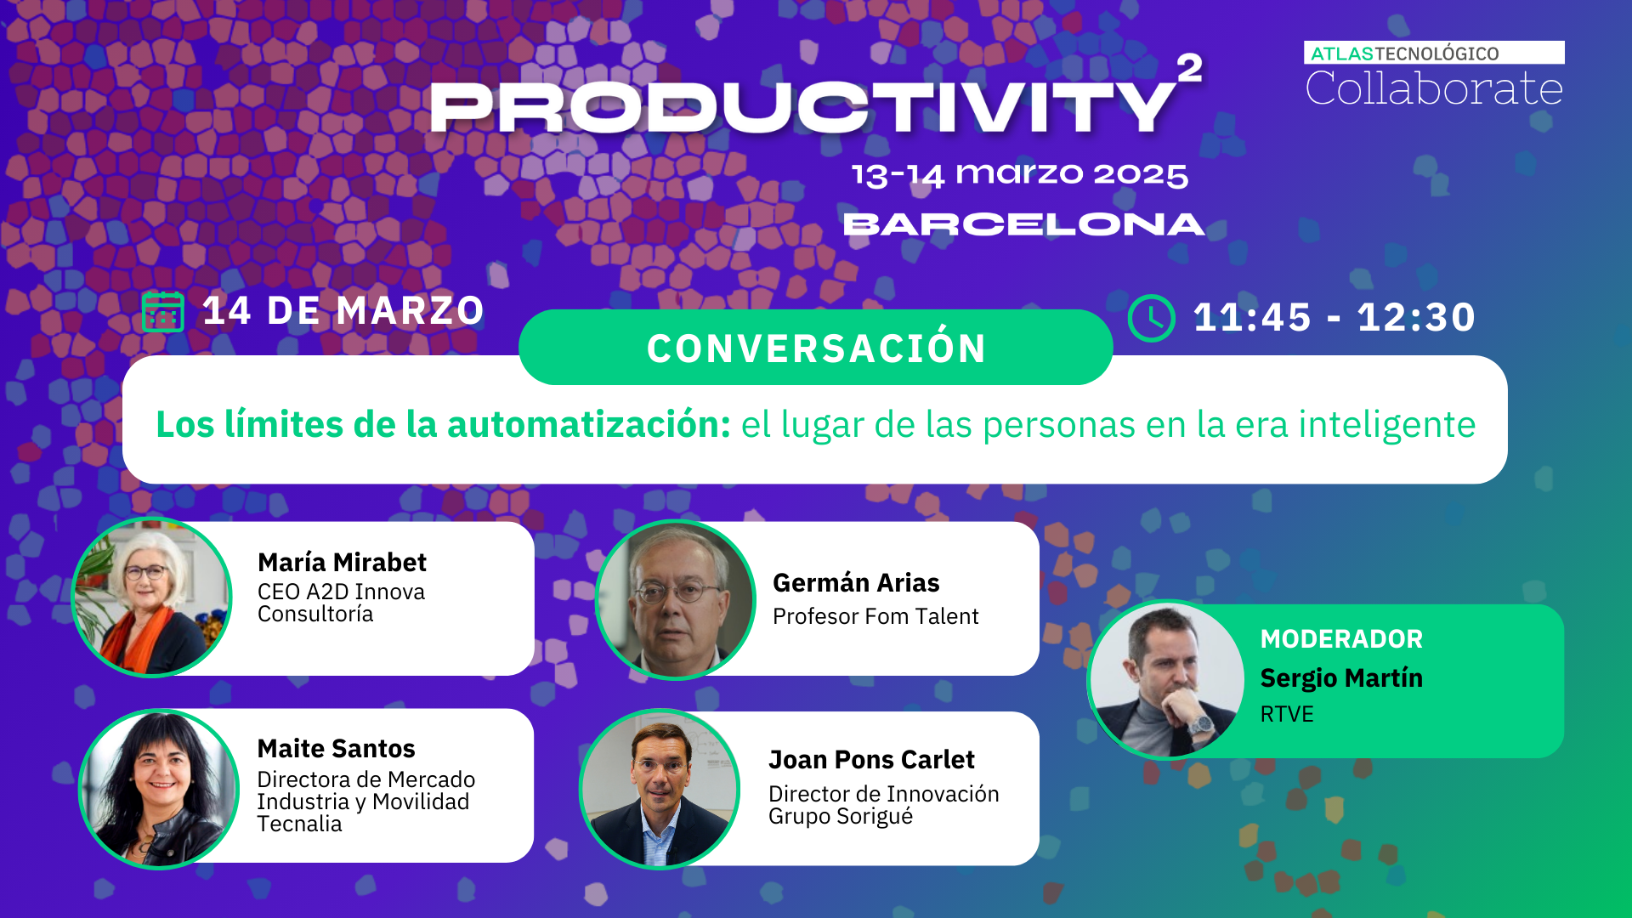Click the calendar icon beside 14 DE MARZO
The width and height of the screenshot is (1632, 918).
(x=163, y=312)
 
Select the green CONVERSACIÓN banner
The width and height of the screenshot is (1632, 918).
(x=815, y=348)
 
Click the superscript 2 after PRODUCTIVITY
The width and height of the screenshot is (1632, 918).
(x=1190, y=68)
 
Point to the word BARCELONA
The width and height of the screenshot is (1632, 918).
(x=1023, y=224)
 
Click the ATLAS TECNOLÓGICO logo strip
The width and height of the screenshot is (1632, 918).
(x=1433, y=53)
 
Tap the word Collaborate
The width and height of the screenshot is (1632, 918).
(x=1433, y=88)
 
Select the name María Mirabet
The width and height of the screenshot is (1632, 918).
(x=342, y=562)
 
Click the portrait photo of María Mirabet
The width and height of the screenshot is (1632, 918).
(x=152, y=597)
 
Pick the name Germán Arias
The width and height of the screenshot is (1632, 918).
(x=856, y=582)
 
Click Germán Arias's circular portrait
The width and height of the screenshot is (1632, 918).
(x=676, y=599)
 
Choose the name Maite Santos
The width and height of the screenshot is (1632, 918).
(x=336, y=748)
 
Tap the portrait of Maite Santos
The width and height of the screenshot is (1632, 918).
(x=159, y=789)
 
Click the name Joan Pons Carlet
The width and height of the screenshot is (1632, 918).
(x=871, y=759)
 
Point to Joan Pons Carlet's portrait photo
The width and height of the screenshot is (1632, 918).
(x=660, y=789)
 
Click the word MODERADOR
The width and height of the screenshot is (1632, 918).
(x=1341, y=638)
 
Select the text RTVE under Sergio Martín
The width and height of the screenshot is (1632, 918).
(x=1287, y=714)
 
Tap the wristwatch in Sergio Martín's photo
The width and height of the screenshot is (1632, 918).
(x=1201, y=725)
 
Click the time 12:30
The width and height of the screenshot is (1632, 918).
(x=1416, y=317)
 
